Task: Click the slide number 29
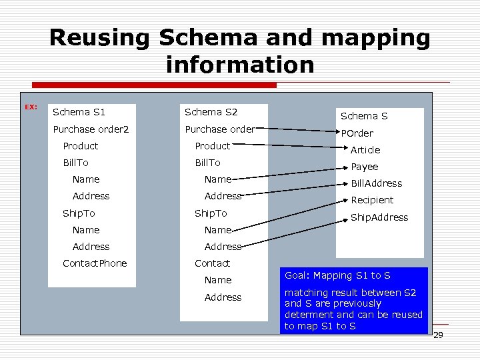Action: click(x=438, y=335)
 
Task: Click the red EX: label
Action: click(x=31, y=107)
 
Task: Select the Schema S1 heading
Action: click(x=79, y=111)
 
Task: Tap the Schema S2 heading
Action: click(x=211, y=111)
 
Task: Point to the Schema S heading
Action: click(x=364, y=116)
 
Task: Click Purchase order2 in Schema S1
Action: click(x=91, y=129)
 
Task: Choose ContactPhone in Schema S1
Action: click(x=95, y=263)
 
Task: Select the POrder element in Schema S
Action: click(x=357, y=133)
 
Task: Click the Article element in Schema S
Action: click(x=365, y=150)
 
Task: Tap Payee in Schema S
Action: click(x=365, y=167)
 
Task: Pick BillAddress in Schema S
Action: click(x=377, y=183)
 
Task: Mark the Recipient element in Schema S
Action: click(x=372, y=200)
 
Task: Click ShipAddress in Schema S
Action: click(x=379, y=217)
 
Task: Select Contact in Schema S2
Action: click(x=212, y=263)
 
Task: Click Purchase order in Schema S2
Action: click(x=219, y=129)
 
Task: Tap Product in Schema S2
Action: click(x=212, y=146)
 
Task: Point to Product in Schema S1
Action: click(x=80, y=146)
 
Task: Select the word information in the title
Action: click(x=240, y=65)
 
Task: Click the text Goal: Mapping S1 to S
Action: click(x=337, y=275)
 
